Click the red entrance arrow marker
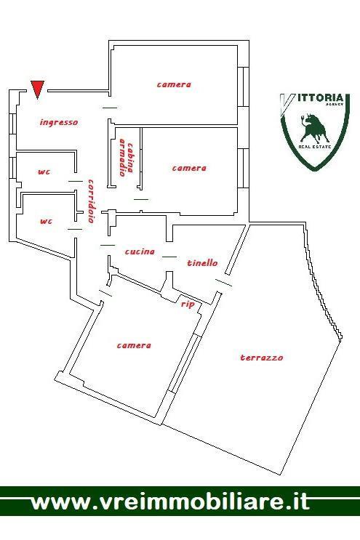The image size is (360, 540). (37, 89)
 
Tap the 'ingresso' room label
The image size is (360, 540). (59, 122)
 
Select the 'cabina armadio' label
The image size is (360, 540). (126, 158)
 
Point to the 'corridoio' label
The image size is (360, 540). (92, 201)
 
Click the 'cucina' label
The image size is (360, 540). (140, 251)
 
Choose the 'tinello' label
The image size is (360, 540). (203, 263)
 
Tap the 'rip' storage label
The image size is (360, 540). (188, 305)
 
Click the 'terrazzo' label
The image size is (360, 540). (262, 358)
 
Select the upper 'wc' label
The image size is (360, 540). (44, 172)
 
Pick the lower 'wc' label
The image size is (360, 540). (46, 221)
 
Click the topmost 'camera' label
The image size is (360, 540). (174, 84)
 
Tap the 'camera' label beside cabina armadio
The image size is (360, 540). (189, 168)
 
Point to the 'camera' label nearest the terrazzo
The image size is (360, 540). (134, 345)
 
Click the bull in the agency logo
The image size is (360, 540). (313, 128)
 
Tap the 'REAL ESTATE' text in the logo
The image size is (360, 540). (314, 147)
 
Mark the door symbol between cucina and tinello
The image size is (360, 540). (169, 257)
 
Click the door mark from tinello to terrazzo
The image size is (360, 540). (223, 283)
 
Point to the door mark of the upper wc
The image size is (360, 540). (76, 181)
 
